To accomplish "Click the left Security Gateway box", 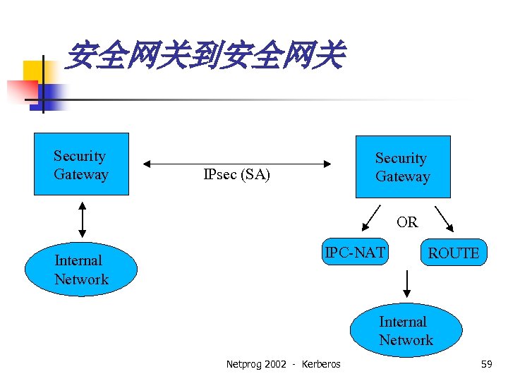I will coord(82,164).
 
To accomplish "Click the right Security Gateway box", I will coord(402,167).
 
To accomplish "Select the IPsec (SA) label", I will coord(236,174).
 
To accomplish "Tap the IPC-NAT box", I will coord(355,253).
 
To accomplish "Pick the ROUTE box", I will coord(453,253).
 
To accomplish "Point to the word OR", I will coord(407,222).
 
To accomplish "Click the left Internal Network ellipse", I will coord(81,270).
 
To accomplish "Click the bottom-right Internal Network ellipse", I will coord(406,331).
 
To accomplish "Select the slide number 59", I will coord(486,364).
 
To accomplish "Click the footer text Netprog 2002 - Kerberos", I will coord(283,364).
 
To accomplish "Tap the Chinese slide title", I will coord(204,56).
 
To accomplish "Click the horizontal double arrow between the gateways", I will coord(237,164).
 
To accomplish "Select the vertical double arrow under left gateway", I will coord(83,219).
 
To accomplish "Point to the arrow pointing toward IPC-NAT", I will coord(371,219).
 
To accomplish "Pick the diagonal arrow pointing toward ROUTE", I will coord(445,218).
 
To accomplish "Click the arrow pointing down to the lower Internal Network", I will coord(406,284).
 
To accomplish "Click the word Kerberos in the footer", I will coord(320,364).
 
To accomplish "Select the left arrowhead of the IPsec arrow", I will coord(147,164).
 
